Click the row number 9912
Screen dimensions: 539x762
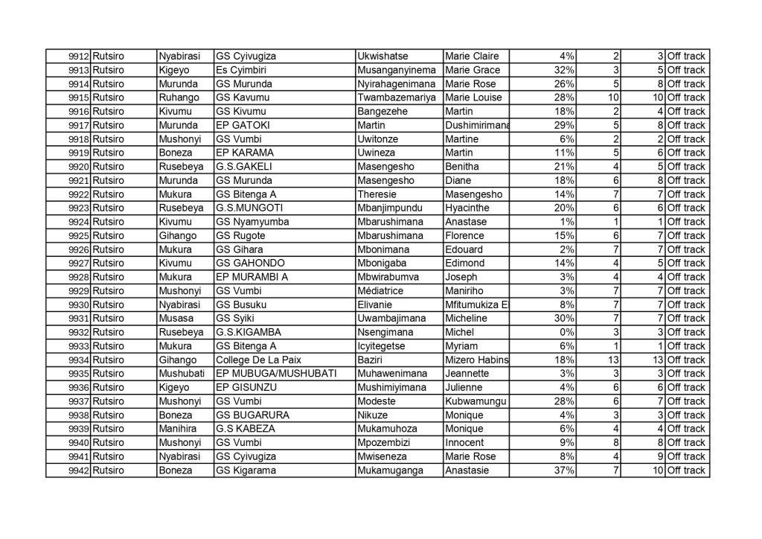(x=78, y=57)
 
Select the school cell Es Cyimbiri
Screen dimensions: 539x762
(x=237, y=70)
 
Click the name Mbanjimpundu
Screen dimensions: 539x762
(x=391, y=208)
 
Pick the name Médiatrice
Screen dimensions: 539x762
(x=382, y=290)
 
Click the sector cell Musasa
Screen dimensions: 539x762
(x=175, y=318)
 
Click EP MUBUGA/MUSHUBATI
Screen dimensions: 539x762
(x=276, y=373)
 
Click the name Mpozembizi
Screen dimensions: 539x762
(x=386, y=442)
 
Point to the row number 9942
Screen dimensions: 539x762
(x=78, y=471)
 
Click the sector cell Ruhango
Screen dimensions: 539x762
(x=177, y=98)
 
